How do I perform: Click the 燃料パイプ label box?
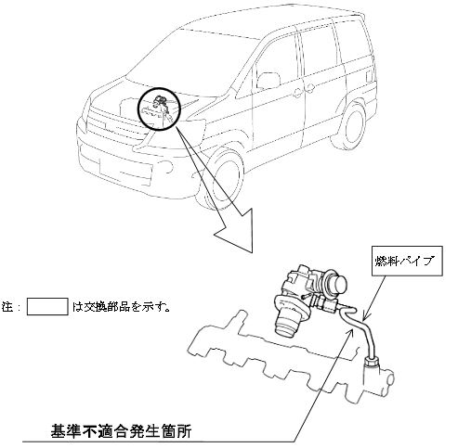(x=407, y=261)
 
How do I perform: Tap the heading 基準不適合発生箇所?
(x=121, y=430)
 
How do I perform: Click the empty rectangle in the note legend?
(x=47, y=307)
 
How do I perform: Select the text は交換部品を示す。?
(x=121, y=307)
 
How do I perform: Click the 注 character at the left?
(x=7, y=307)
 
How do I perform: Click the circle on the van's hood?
(x=159, y=109)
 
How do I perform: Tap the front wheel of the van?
(x=222, y=179)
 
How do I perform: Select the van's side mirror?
(x=268, y=81)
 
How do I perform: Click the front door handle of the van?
(x=297, y=93)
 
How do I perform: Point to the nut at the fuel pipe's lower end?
(x=372, y=362)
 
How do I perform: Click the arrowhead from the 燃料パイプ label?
(x=365, y=317)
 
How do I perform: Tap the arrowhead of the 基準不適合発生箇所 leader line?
(x=350, y=333)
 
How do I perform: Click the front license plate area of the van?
(x=125, y=170)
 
